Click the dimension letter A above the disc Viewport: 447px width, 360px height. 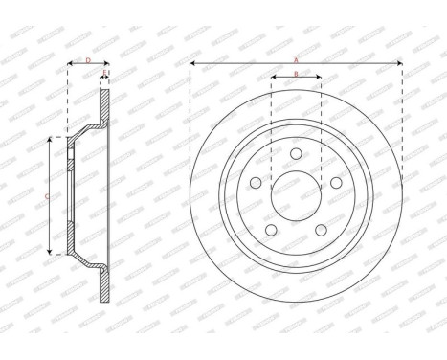295,57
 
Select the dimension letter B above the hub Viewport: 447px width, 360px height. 296,73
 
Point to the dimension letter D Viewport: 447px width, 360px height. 87,59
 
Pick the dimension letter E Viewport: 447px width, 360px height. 104,73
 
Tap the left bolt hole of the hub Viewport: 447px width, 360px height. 254,184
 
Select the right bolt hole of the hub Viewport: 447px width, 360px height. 338,184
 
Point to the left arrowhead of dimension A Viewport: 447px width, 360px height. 192,64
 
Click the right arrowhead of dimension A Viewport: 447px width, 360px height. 399,64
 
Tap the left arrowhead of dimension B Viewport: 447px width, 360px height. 274,79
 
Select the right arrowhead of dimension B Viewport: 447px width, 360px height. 318,79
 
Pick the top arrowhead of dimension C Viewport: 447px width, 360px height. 52,140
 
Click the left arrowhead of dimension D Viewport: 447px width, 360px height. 70,66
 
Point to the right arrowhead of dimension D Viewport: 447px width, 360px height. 106,66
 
